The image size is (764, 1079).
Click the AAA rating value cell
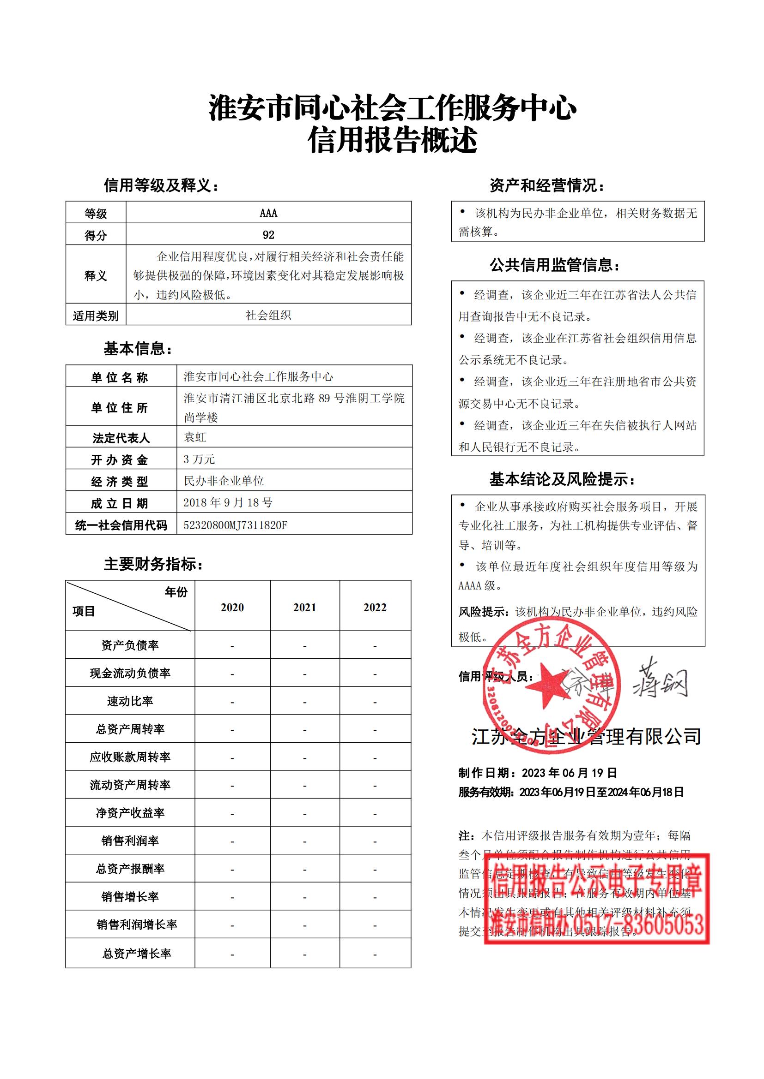pyautogui.click(x=268, y=213)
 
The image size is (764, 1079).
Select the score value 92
pyautogui.click(x=268, y=234)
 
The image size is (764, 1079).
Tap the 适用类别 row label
pyautogui.click(x=96, y=316)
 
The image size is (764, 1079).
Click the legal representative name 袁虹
pyautogui.click(x=195, y=437)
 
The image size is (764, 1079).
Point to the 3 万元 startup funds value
pyautogui.click(x=199, y=459)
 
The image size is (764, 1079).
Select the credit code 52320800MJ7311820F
pyautogui.click(x=235, y=525)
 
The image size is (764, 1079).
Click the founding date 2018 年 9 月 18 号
pyautogui.click(x=228, y=502)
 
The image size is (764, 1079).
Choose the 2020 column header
pyautogui.click(x=232, y=607)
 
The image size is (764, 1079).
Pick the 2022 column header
pyautogui.click(x=375, y=607)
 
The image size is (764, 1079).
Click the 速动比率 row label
pyautogui.click(x=130, y=701)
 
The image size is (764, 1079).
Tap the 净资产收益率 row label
pyautogui.click(x=130, y=813)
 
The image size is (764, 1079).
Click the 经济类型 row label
pyautogui.click(x=120, y=481)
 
